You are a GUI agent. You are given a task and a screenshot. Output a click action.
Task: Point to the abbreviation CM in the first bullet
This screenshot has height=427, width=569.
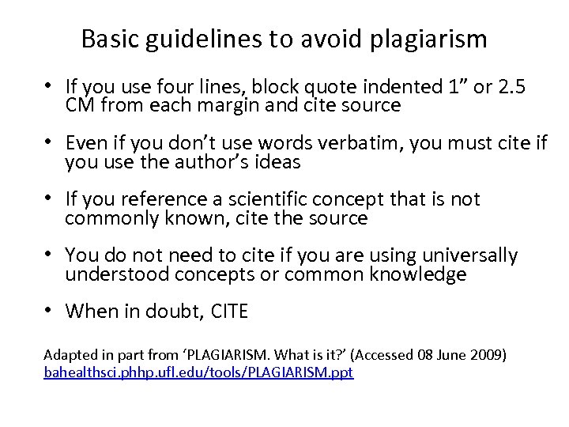(80, 106)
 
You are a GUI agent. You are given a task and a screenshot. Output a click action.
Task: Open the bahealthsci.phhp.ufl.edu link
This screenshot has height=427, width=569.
(198, 370)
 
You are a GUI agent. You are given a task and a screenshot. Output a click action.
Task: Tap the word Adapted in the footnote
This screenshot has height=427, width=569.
(62, 353)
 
